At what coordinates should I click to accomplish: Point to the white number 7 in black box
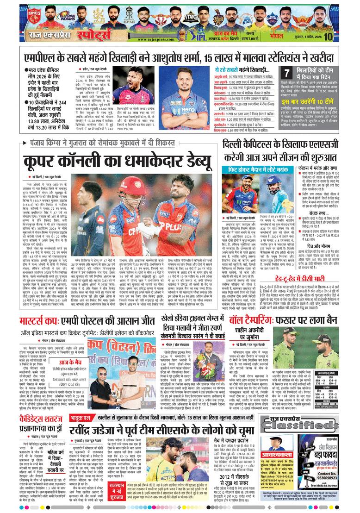coord(287,73)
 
